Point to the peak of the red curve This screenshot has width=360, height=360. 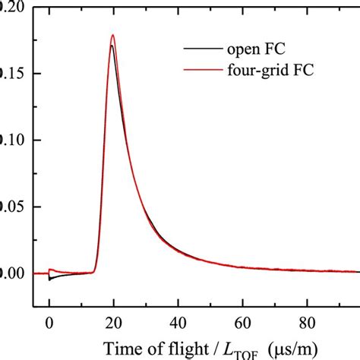coord(113,35)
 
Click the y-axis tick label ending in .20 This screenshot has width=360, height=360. coord(11,7)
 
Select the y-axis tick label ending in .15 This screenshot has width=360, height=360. coord(11,74)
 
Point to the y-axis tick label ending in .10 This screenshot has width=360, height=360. coord(11,140)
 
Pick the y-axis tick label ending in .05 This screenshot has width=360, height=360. coord(11,207)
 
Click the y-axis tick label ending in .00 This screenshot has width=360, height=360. coord(11,273)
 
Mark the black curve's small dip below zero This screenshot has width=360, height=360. coord(50,279)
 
